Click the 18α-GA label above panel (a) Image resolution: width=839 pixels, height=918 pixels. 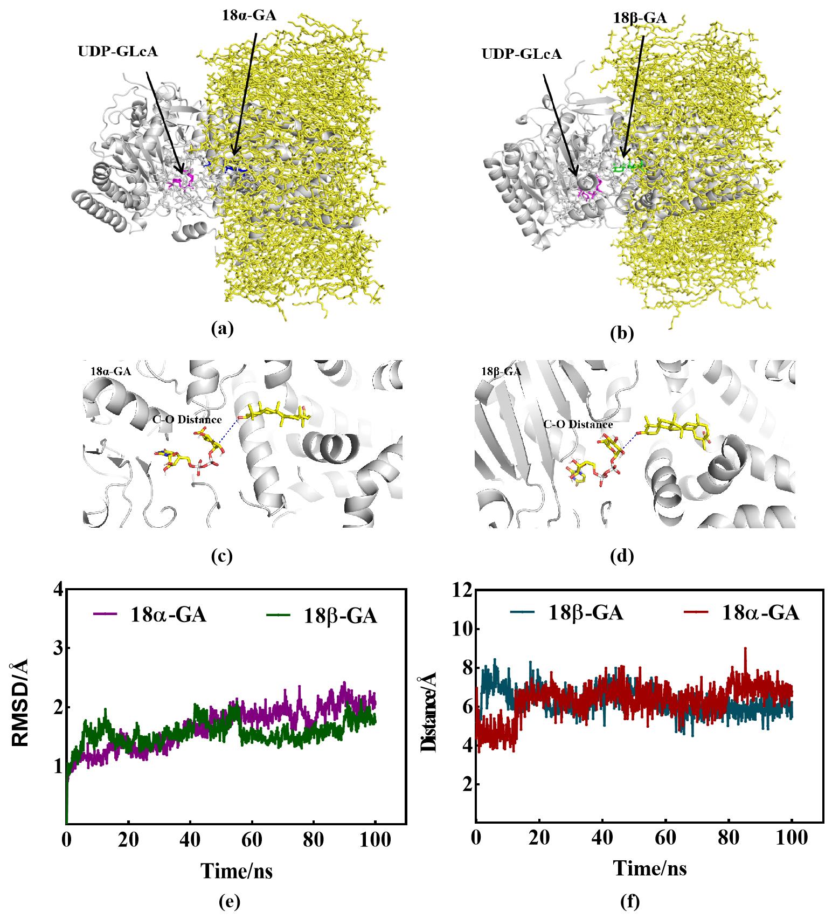249,15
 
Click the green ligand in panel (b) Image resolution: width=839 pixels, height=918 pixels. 629,167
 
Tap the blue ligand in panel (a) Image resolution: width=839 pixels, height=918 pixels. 236,170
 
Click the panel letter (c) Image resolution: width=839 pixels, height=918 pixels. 222,556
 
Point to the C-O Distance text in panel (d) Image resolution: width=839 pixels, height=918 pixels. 578,424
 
